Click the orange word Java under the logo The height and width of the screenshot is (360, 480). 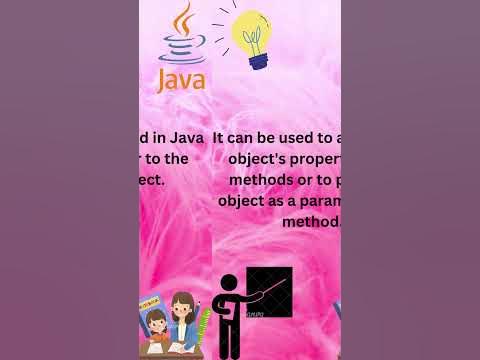pyautogui.click(x=181, y=79)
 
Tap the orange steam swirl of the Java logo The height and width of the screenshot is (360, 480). pyautogui.click(x=183, y=22)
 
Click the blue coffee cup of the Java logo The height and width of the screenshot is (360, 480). pyautogui.click(x=181, y=48)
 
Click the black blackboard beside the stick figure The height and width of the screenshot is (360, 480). pyautogui.click(x=269, y=293)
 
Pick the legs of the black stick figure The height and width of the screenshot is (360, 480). pyautogui.click(x=228, y=340)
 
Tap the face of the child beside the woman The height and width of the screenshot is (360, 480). pyautogui.click(x=158, y=321)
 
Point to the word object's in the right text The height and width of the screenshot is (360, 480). pyautogui.click(x=261, y=158)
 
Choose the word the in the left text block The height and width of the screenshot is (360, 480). pyautogui.click(x=175, y=158)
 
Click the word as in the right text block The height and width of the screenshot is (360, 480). pyautogui.click(x=294, y=199)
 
